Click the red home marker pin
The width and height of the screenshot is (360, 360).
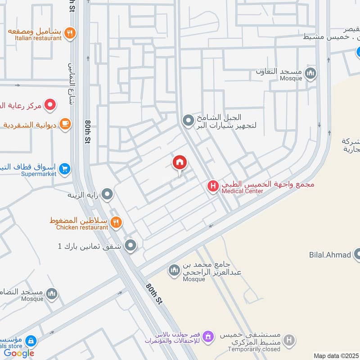(x=180, y=163)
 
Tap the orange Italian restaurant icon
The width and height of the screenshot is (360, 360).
(x=69, y=32)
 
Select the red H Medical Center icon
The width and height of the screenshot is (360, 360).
(x=213, y=185)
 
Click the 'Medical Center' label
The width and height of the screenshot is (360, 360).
(x=242, y=191)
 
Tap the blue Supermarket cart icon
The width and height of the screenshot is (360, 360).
(x=65, y=169)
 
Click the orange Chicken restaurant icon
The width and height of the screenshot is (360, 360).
(x=116, y=221)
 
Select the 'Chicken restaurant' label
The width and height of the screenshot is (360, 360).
(x=82, y=227)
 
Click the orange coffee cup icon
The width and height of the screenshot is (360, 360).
(x=65, y=123)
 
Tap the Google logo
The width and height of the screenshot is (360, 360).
(x=19, y=353)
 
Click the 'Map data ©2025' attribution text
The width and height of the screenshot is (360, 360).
(x=335, y=356)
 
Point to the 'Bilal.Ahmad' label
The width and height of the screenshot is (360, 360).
(x=329, y=255)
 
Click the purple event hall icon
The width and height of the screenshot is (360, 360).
(x=207, y=336)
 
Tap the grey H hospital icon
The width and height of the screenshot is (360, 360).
(x=289, y=340)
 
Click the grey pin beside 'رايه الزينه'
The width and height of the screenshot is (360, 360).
(x=107, y=194)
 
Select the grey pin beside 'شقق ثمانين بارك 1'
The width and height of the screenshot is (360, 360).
(x=130, y=245)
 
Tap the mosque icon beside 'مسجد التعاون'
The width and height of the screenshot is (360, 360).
(x=310, y=73)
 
